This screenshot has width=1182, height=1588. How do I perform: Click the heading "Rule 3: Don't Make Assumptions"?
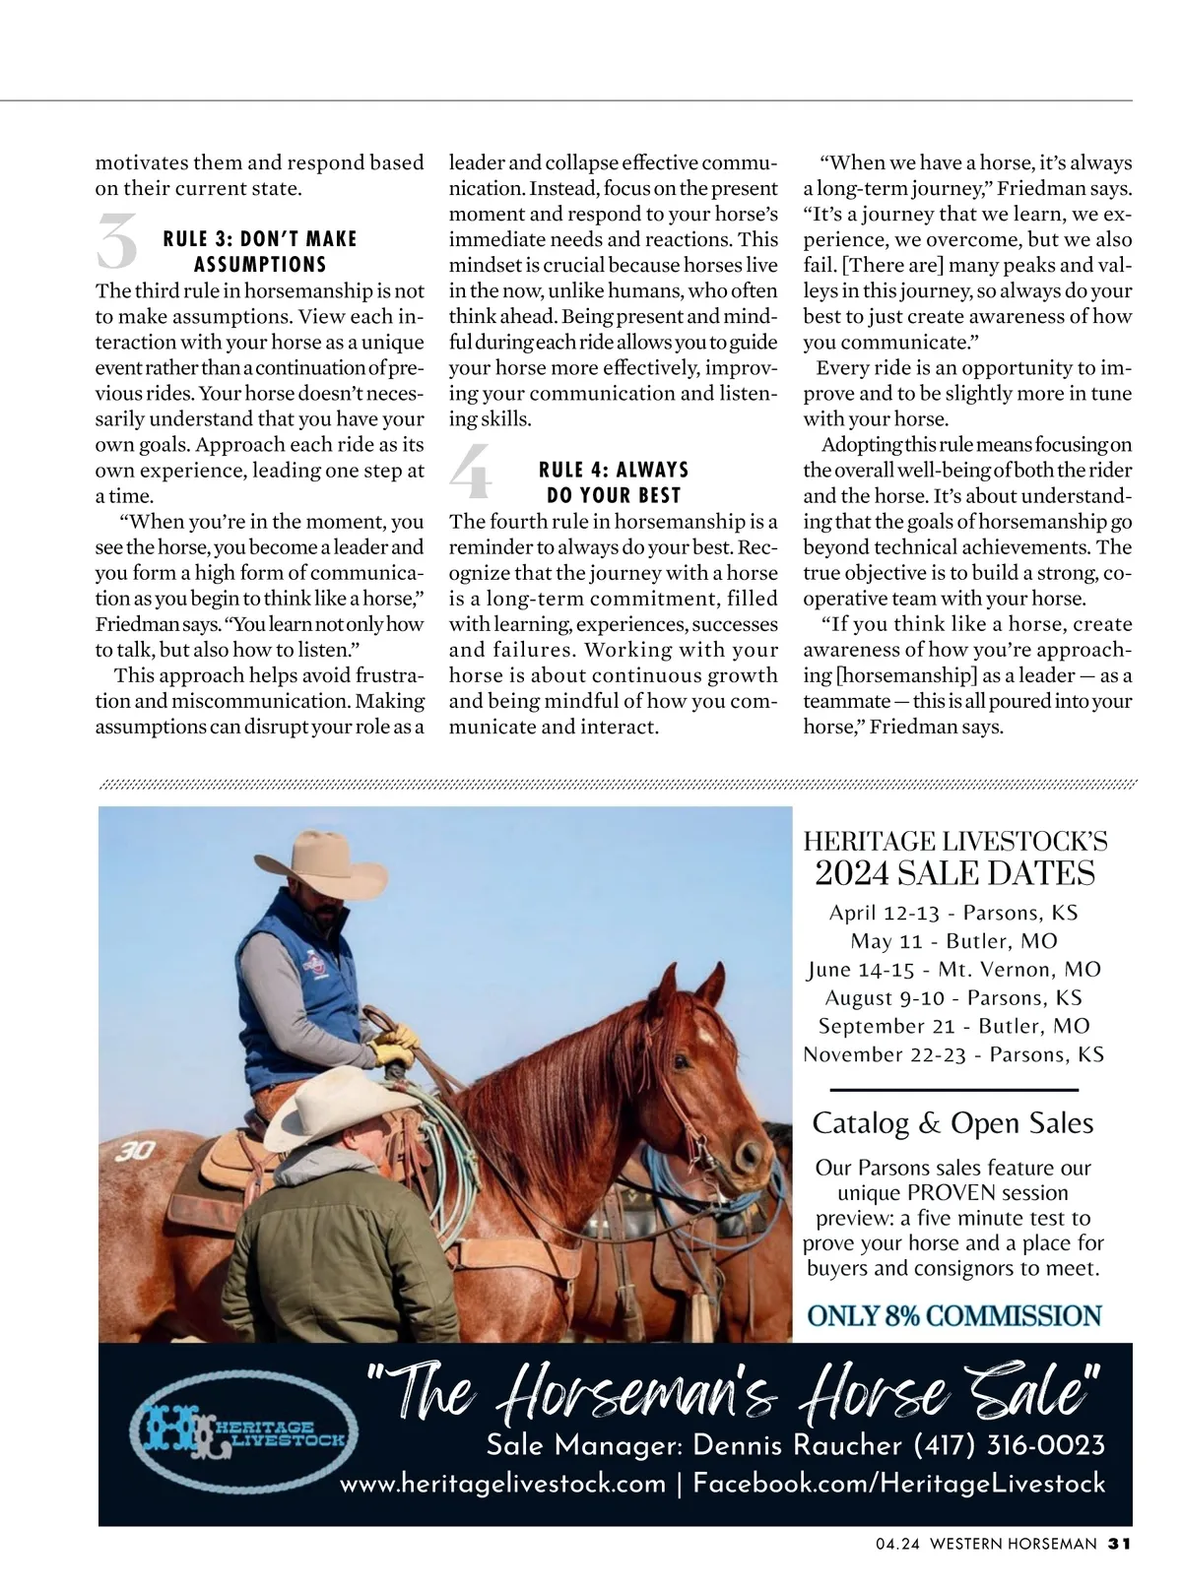[x=260, y=252]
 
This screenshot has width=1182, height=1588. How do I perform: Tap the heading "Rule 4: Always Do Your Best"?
[x=614, y=482]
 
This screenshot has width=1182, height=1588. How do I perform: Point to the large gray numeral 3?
[x=117, y=242]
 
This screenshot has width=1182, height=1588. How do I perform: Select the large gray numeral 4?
[x=471, y=472]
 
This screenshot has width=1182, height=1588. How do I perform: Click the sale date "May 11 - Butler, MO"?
[x=953, y=940]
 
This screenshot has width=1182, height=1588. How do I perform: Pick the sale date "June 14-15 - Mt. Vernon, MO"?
[x=953, y=969]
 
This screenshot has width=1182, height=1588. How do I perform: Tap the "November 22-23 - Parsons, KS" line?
[x=953, y=1054]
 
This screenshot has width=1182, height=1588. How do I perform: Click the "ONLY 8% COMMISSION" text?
[x=953, y=1316]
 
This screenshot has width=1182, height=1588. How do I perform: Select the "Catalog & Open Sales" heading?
[x=952, y=1123]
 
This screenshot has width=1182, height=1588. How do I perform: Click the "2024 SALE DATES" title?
[x=954, y=873]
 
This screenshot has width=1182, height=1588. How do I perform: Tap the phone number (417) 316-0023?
[x=1010, y=1445]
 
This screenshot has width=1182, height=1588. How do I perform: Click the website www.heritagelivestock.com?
[x=502, y=1484]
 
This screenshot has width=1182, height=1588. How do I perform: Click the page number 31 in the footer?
[x=1119, y=1544]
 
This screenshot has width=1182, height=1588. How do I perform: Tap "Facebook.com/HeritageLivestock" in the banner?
[x=899, y=1484]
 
